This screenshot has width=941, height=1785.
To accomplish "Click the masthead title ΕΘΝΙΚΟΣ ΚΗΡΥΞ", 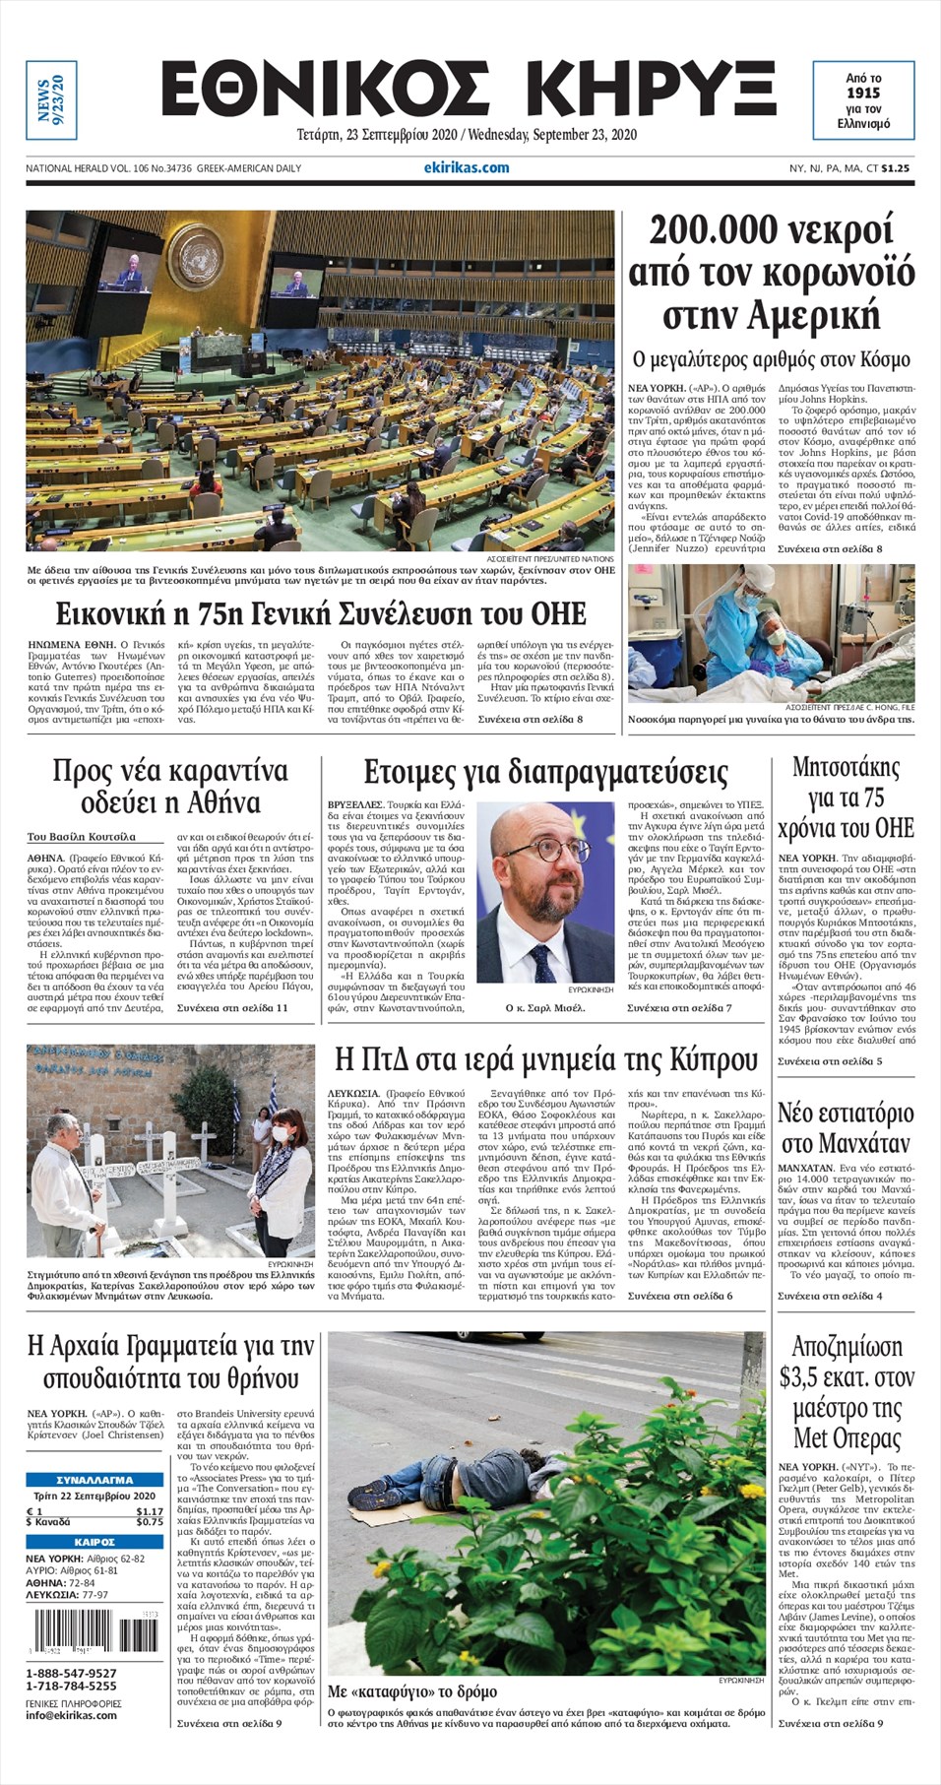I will [x=468, y=91].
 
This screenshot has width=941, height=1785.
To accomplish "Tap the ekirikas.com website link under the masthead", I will [x=467, y=167].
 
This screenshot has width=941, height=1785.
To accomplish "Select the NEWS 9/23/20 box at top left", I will [x=51, y=99].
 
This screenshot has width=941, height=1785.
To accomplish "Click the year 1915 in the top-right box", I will [x=863, y=93].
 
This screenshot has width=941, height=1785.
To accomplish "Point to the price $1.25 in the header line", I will [x=895, y=168].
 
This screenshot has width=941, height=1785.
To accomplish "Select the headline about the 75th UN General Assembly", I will [x=320, y=613].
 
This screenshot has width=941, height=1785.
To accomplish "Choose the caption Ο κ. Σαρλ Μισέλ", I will [x=544, y=1007].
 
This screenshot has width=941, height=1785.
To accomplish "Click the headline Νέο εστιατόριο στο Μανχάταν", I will [x=845, y=1128].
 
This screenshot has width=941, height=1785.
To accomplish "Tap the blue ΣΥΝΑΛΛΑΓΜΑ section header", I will [x=94, y=1479].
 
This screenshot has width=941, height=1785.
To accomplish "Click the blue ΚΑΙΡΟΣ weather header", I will [x=94, y=1542].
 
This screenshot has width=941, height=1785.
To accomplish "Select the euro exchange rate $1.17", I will [x=150, y=1511].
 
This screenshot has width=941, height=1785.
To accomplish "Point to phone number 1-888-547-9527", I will [x=71, y=1673].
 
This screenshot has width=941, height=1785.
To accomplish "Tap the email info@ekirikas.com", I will [x=71, y=1714].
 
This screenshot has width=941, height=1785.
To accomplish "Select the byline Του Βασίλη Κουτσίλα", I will [x=81, y=837].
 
